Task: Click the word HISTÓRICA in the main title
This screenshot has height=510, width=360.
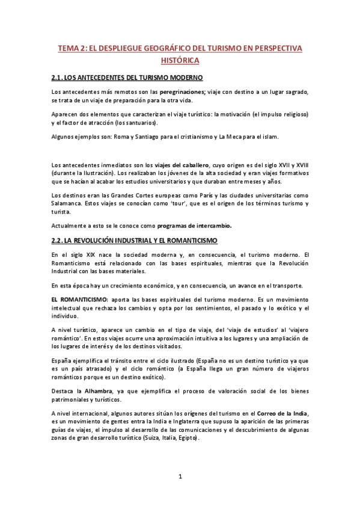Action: tap(180, 61)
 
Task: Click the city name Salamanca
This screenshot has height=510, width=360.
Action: tap(68, 204)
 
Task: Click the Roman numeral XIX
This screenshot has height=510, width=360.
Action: tap(84, 254)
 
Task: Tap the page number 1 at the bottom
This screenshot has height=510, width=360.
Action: tap(180, 477)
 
